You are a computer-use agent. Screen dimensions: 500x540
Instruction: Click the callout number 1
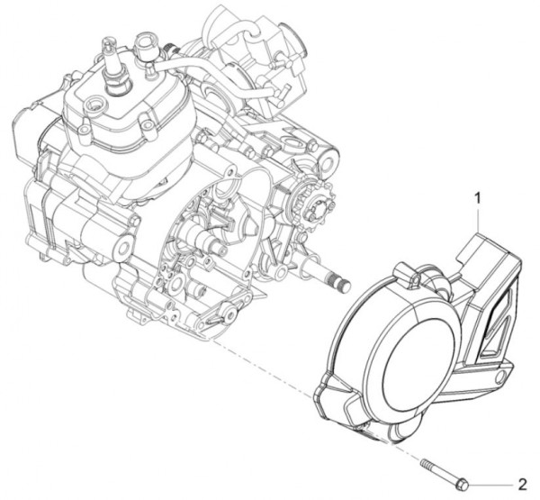479,195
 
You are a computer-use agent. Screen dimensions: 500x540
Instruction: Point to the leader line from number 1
479,221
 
